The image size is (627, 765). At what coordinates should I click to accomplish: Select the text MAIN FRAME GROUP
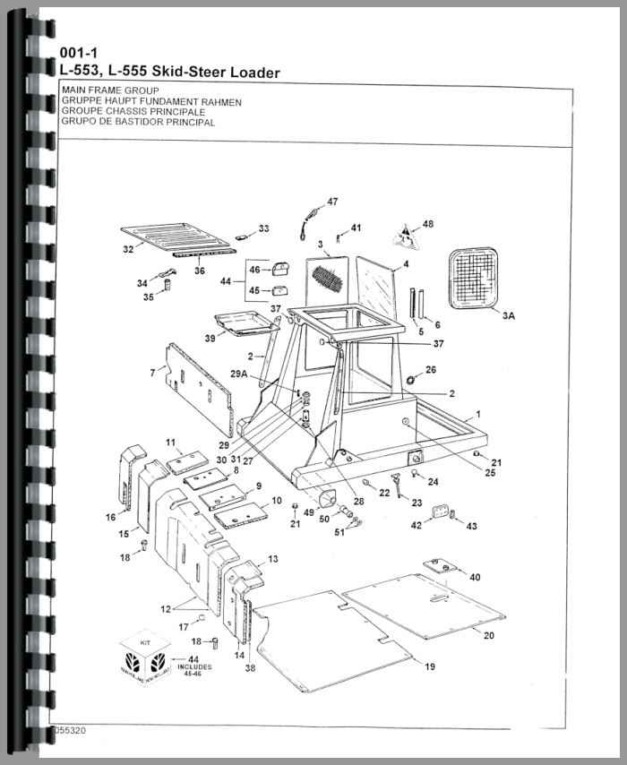[x=110, y=91]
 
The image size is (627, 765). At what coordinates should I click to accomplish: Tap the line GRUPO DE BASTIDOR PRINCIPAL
[x=138, y=122]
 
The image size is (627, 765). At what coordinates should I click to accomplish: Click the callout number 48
[x=427, y=223]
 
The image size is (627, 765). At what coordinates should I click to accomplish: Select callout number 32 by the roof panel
[x=128, y=248]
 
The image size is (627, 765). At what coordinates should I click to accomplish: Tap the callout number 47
[x=332, y=202]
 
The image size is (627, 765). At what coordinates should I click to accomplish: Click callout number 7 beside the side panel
[x=152, y=372]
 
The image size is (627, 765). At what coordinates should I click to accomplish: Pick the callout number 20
[x=489, y=635]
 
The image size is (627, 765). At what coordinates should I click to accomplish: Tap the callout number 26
[x=431, y=369]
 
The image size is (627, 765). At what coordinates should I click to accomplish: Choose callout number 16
[x=110, y=517]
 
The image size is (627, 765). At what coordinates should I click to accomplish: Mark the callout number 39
[x=210, y=338]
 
